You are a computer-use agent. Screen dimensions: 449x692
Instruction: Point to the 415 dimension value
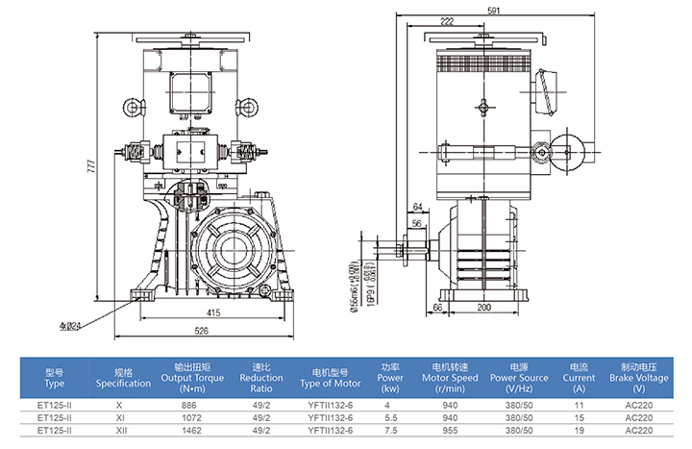[x=215, y=312]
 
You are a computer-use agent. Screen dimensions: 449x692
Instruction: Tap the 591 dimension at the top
[x=493, y=10]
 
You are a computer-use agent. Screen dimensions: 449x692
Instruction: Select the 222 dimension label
[x=446, y=21]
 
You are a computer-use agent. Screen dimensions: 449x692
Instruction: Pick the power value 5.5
[x=389, y=418]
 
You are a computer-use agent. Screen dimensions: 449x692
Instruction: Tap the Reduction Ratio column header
[x=260, y=378]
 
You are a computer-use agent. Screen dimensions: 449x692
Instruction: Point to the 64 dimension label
[x=416, y=207]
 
